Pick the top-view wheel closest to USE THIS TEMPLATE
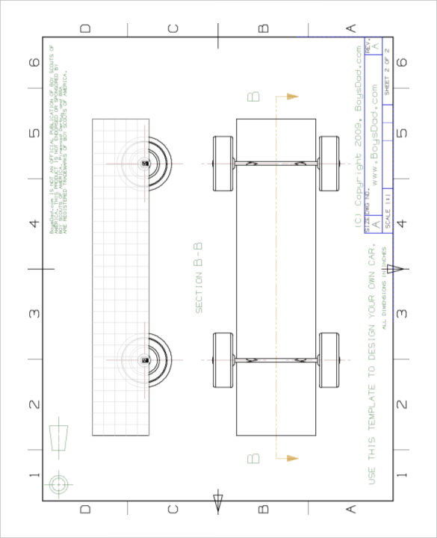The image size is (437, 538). [329, 360]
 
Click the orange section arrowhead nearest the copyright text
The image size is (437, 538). [292, 96]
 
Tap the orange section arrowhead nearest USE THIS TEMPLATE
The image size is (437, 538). [292, 457]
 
